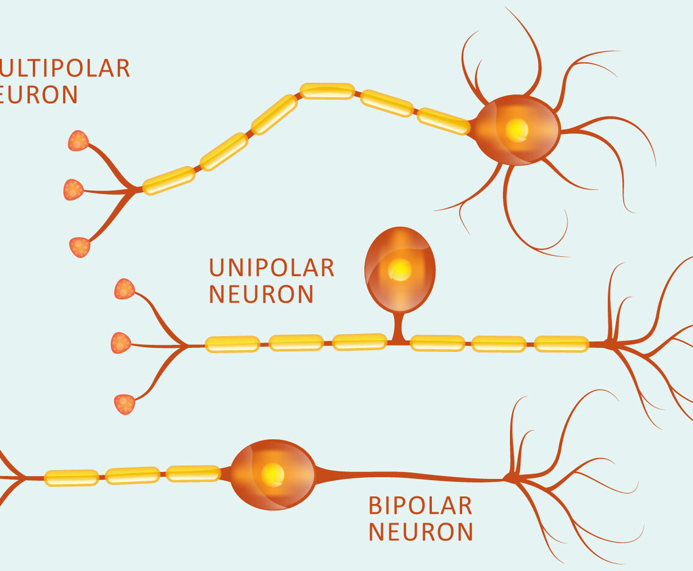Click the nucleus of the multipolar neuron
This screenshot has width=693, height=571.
pos(517,130)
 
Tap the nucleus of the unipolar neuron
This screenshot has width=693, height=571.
pos(400,269)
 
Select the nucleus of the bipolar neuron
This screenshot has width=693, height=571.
pos(272,474)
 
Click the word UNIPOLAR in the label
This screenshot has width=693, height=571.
pos(271,268)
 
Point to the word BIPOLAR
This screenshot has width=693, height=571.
pos(420,506)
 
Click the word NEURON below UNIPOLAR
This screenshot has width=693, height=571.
pos(261,295)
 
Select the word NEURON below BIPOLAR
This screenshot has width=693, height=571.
pos(421,532)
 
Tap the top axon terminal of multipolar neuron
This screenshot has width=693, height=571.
pos(78,140)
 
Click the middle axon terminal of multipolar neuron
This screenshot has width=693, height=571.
pos(73,190)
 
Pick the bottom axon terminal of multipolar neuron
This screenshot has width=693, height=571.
pos(79,246)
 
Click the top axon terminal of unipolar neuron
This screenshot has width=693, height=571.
pos(124,289)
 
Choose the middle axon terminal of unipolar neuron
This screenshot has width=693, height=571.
pos(121,343)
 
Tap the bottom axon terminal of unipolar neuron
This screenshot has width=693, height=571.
pos(124,404)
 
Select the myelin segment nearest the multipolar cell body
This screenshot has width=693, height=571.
pos(443,121)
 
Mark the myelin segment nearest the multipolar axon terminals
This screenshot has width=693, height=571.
pos(168,181)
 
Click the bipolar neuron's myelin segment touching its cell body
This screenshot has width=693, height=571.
pos(193,473)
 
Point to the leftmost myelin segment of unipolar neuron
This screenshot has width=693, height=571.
pos(232,344)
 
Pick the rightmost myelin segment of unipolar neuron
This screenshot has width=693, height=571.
pos(562,344)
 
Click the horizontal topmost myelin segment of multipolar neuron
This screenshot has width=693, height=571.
pos(328,91)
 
